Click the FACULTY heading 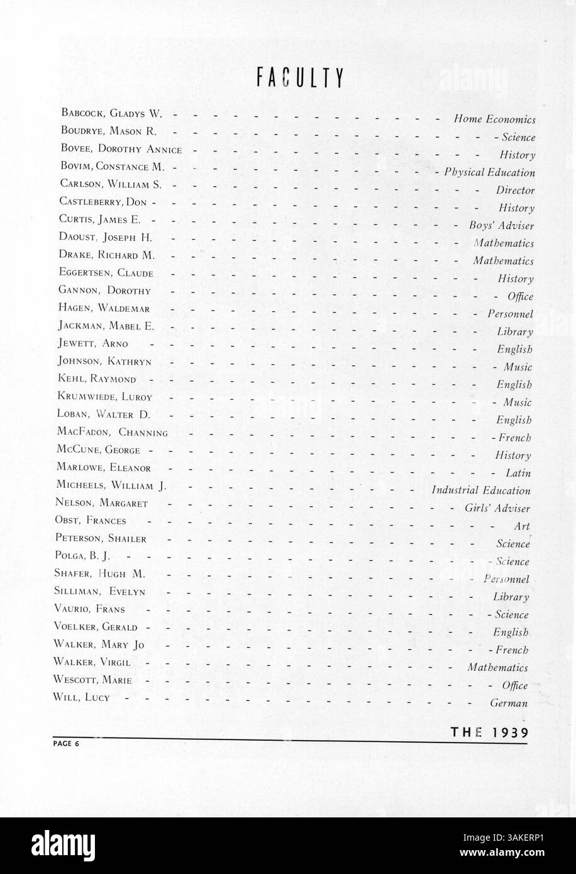pyautogui.click(x=299, y=77)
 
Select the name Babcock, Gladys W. pyautogui.click(x=111, y=114)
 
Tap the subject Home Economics pyautogui.click(x=494, y=119)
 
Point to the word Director pyautogui.click(x=515, y=190)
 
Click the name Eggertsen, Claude pyautogui.click(x=106, y=273)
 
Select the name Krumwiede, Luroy pyautogui.click(x=104, y=397)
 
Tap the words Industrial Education pyautogui.click(x=481, y=490)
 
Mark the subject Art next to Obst pyautogui.click(x=522, y=526)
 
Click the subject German pyautogui.click(x=509, y=703)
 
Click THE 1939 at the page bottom pyautogui.click(x=489, y=731)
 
